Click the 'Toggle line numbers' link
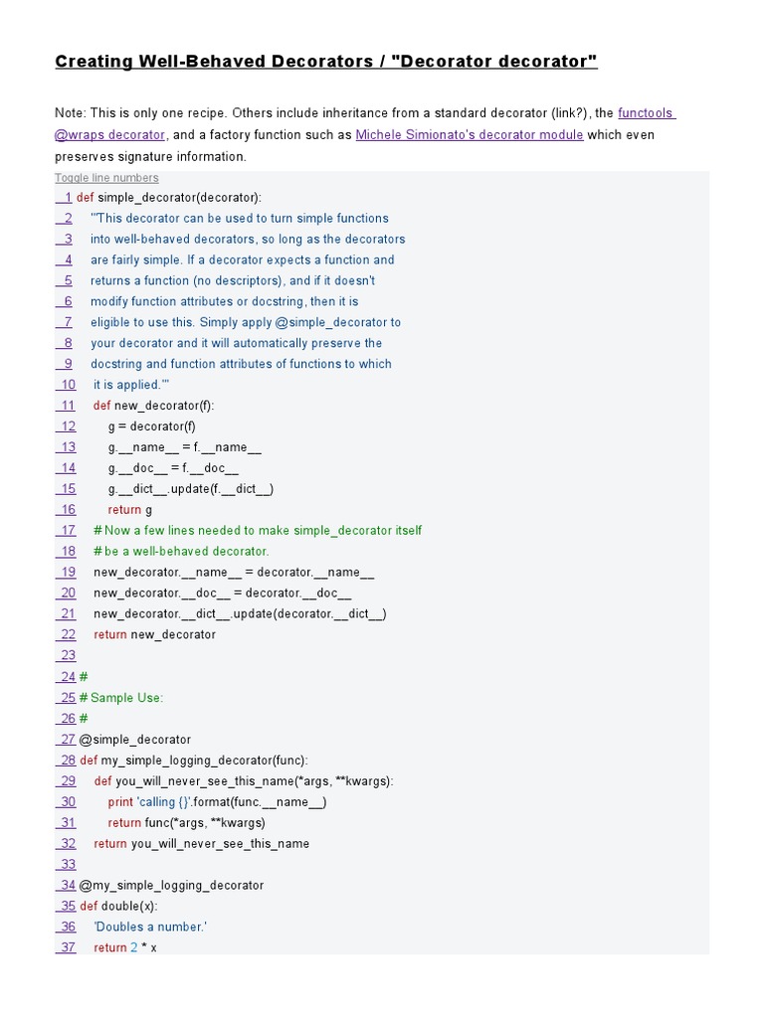[106, 178]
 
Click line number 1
[66, 198]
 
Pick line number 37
[66, 947]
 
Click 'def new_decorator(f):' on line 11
[153, 406]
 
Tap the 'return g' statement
[129, 510]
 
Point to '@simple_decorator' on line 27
[134, 740]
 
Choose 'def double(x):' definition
[118, 906]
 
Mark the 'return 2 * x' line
[125, 947]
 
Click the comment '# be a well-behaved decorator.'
[181, 551]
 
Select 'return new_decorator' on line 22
[154, 634]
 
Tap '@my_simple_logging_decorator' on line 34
[171, 885]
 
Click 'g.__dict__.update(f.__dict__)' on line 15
[191, 489]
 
